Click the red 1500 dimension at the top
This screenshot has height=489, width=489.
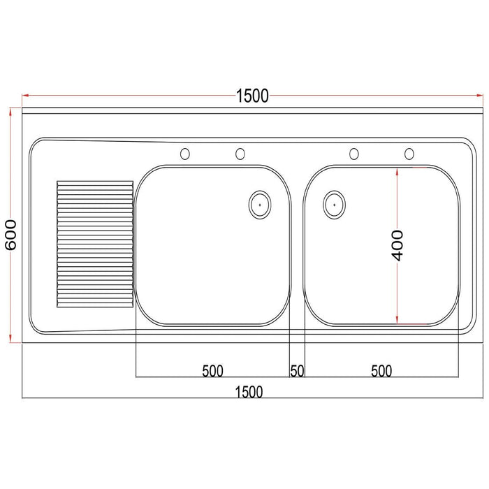coord(252,96)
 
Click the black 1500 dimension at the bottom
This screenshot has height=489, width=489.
coord(249,392)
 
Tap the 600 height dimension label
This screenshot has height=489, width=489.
coord(11,235)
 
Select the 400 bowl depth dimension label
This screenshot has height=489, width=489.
coord(397,245)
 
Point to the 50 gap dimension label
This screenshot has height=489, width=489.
coord(297,371)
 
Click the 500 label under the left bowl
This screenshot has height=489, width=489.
coord(212,371)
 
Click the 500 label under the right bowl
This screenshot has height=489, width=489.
coord(381,371)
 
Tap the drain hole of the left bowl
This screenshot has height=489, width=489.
coord(260,205)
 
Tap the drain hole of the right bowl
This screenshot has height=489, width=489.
coord(335,205)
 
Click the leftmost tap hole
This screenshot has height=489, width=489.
coord(185,154)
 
